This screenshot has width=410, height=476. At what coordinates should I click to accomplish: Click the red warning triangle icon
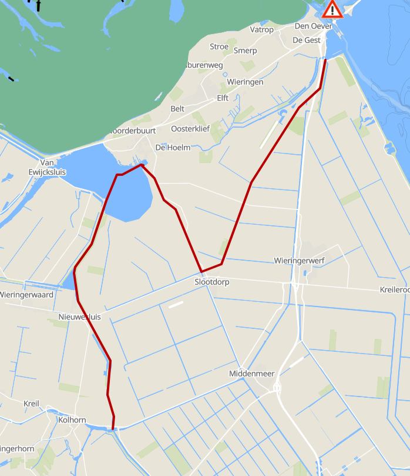[332, 9]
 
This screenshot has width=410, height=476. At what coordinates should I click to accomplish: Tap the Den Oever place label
[309, 26]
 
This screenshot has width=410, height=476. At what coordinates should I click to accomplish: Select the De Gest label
[307, 40]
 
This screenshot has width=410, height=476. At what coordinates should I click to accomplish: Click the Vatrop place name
[262, 30]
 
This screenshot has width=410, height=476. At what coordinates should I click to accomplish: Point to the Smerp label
[245, 51]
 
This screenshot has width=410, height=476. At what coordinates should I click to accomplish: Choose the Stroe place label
[219, 46]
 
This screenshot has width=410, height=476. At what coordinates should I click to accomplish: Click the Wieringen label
[245, 82]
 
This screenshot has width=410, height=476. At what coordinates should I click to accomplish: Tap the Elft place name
[223, 98]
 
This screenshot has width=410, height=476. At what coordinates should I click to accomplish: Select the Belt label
[177, 109]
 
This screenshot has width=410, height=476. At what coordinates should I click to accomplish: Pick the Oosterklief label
[190, 128]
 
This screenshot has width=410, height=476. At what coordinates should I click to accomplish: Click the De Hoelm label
[173, 147]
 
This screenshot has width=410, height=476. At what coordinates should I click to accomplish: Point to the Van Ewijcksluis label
[47, 167]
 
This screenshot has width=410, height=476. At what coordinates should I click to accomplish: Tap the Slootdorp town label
[212, 282]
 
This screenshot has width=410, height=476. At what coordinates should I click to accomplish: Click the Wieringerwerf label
[300, 260]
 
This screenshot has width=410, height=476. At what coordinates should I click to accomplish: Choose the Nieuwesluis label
[80, 317]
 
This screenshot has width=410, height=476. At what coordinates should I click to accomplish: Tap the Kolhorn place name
[72, 420]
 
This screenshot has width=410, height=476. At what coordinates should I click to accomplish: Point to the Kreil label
[31, 404]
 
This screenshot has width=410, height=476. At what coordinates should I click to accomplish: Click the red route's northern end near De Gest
[325, 60]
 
